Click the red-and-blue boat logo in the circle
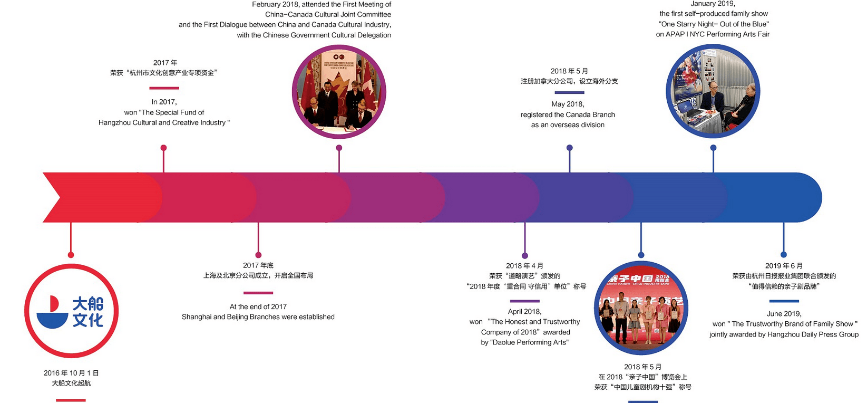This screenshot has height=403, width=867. tap(71, 311)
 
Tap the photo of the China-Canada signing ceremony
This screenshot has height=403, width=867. tap(339, 92)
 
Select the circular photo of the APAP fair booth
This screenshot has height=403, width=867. tap(713, 91)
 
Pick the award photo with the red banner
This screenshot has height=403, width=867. tap(641, 308)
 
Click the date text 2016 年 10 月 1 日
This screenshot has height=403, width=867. tap(71, 373)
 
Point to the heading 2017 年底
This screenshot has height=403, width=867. tap(258, 265)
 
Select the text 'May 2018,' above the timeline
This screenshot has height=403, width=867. tap(568, 104)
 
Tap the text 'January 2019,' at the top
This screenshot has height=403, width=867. tap(713, 4)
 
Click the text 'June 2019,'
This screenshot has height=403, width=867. tap(784, 313)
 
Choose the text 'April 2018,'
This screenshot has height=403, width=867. tap(524, 311)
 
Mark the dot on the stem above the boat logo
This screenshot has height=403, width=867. tap(71, 255)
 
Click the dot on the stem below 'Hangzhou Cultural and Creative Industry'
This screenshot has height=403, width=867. tap(163, 148)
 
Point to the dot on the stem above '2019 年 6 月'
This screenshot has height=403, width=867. tap(784, 255)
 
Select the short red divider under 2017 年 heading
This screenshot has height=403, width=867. tap(164, 88)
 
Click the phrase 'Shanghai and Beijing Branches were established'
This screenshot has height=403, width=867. tap(258, 316)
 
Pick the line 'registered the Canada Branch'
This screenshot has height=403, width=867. tap(568, 114)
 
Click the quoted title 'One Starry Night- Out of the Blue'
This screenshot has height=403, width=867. tap(714, 24)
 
